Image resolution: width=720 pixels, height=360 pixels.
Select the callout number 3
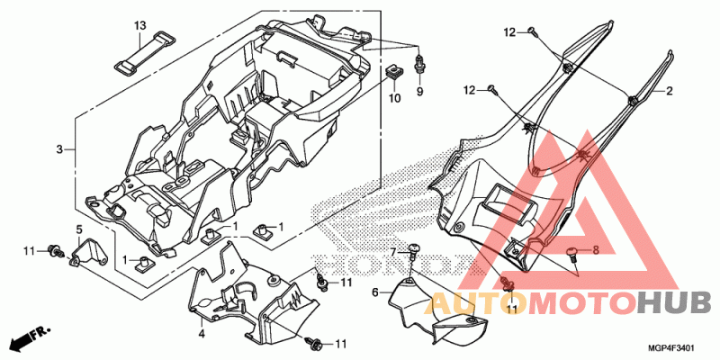(59, 149)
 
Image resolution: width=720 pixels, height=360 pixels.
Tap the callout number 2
(669, 91)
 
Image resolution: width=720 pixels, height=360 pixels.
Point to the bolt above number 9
(418, 63)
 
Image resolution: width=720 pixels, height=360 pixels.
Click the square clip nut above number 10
(392, 72)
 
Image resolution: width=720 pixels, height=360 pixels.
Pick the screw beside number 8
(573, 254)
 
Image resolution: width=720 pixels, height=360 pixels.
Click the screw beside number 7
(414, 250)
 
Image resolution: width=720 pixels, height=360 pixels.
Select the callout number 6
(374, 292)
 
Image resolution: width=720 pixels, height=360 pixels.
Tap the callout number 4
(201, 334)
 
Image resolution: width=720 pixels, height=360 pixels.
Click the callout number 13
(139, 25)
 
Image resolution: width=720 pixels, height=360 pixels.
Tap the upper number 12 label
(509, 32)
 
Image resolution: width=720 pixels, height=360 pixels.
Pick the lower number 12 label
(471, 91)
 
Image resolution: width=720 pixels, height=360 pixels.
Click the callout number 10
(395, 98)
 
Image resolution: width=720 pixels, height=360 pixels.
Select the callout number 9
(419, 92)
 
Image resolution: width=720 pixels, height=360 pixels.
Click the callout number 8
(596, 250)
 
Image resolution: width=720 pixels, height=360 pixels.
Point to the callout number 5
(78, 229)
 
